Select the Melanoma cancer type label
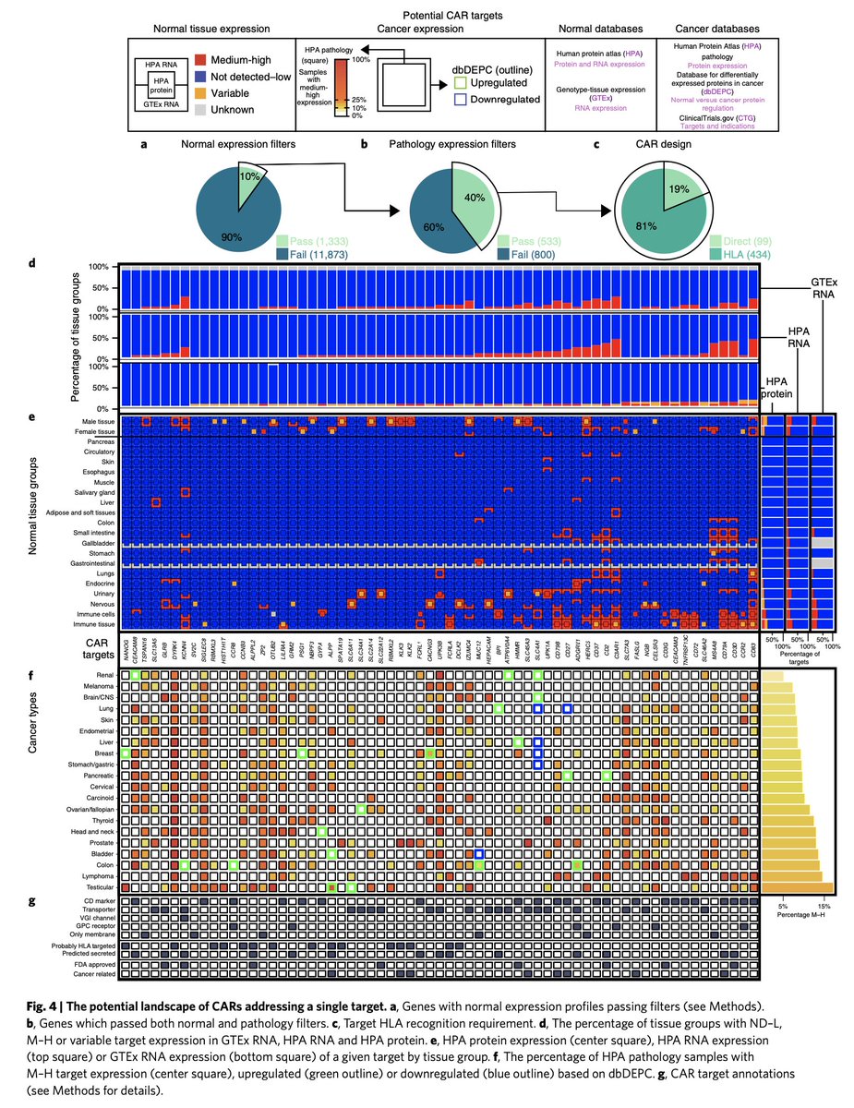97,687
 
